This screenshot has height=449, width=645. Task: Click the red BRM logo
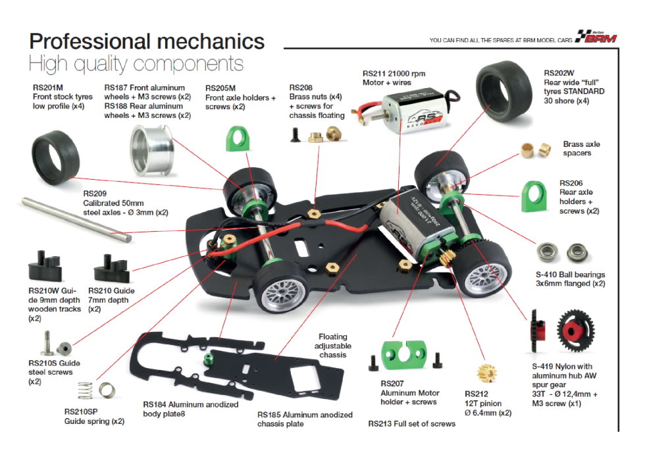[597, 37]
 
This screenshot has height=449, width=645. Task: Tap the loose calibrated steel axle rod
[76, 220]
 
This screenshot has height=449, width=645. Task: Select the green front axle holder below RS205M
[238, 139]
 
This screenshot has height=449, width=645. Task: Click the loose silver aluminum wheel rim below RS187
[152, 151]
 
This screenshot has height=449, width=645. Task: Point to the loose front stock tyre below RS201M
[55, 157]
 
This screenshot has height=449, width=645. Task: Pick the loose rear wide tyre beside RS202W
[503, 91]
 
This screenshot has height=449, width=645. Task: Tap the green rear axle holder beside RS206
[534, 197]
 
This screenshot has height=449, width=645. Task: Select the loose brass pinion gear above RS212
[487, 373]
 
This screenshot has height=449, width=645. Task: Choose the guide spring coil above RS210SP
[85, 390]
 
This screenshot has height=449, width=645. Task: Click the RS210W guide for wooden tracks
[45, 267]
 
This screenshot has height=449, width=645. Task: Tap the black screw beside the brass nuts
[296, 135]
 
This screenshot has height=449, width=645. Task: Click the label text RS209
[95, 194]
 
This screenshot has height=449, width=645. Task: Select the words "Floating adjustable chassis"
[333, 346]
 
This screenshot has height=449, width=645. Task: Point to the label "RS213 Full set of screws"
[412, 423]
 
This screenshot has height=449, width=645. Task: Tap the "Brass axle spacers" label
[581, 149]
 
